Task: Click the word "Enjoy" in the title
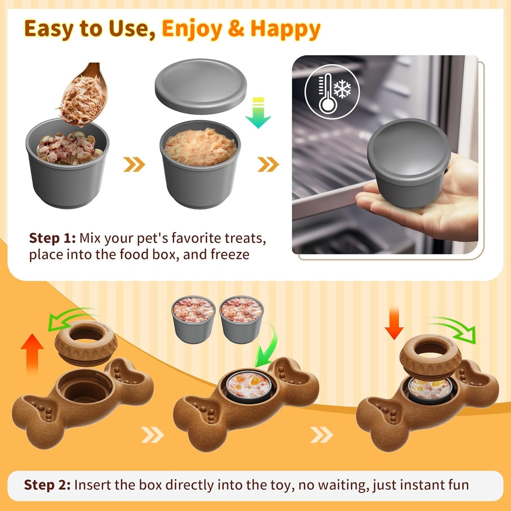coord(192,29)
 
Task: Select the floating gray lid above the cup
coord(201,86)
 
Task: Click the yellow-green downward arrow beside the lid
coord(258,113)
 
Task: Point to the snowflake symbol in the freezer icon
coord(342,88)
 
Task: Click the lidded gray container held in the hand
coord(409,162)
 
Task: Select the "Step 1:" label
coord(52,238)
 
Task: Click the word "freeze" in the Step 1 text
coord(230,255)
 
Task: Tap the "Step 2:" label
coord(47,477)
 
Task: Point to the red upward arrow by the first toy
coord(32,354)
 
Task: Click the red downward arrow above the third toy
coord(394,323)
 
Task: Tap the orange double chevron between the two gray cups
coord(134,164)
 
